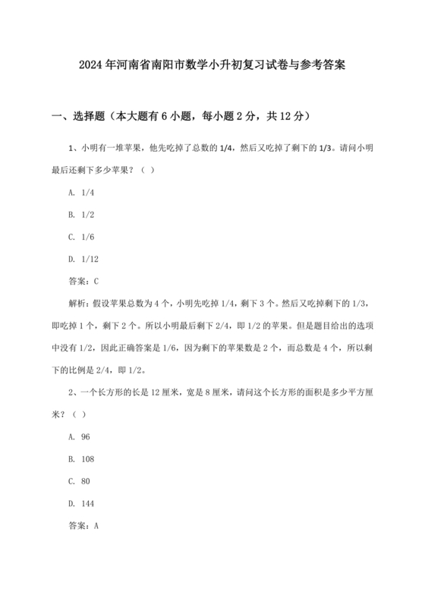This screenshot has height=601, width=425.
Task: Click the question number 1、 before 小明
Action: click(74, 148)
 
